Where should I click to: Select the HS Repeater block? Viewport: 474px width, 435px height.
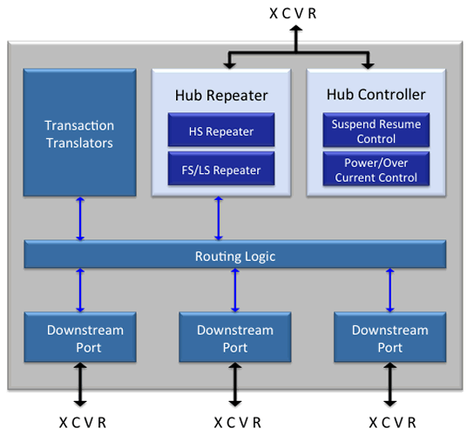221,131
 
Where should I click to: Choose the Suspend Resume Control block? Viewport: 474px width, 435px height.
376,130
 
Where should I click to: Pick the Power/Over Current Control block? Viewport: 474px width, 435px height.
376,170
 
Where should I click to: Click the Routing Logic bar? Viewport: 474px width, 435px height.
234,255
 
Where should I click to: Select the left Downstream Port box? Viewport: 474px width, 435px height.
79,338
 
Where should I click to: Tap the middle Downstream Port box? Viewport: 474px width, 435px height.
234,338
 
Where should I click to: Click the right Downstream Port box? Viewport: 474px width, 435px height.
389,338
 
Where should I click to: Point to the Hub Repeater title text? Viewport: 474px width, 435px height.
221,94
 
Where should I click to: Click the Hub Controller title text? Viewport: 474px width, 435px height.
376,94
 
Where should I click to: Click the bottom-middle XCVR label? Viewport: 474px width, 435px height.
236,422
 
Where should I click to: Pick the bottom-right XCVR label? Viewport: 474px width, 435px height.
391,422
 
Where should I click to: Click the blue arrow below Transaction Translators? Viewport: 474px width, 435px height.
79,219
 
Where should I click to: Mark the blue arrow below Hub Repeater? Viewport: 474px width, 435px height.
219,219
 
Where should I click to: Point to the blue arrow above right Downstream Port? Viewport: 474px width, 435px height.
389,290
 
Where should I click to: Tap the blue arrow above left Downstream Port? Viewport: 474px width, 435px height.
80,290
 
